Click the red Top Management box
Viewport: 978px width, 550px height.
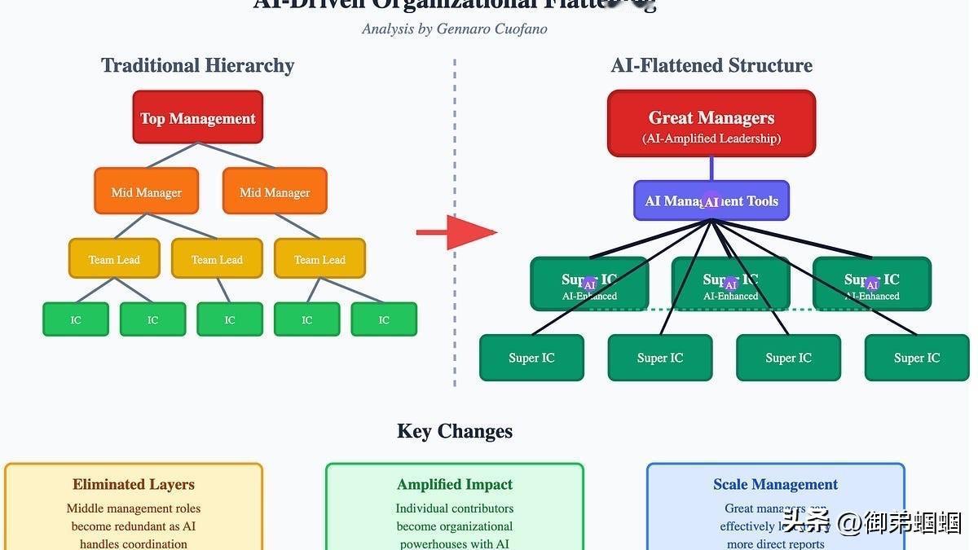click(197, 118)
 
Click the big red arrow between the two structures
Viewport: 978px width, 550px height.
click(457, 232)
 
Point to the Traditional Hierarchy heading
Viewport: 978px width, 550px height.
click(197, 65)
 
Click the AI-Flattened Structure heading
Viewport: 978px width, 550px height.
click(711, 65)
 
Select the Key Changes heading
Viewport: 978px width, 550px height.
click(455, 431)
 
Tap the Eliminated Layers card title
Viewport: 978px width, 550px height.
click(134, 485)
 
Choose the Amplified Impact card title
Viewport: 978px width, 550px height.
click(455, 485)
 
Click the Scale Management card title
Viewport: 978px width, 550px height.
click(775, 485)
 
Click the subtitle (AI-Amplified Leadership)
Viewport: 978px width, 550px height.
click(711, 139)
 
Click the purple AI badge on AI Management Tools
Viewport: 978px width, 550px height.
click(711, 202)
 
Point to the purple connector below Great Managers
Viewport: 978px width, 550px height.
click(711, 168)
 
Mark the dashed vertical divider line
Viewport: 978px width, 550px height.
click(455, 220)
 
